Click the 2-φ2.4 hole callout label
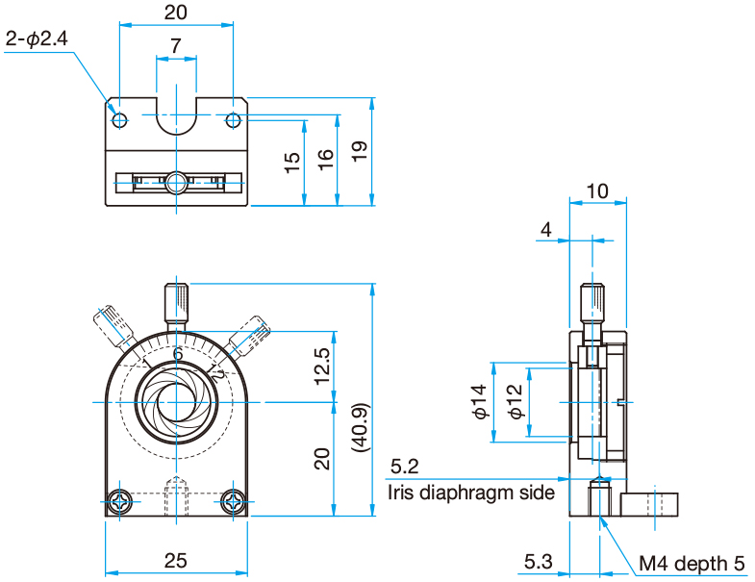click(x=38, y=39)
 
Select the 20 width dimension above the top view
click(x=175, y=13)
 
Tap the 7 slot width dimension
click(x=175, y=45)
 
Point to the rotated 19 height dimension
click(x=359, y=152)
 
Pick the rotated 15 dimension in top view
click(x=291, y=162)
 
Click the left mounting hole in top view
click(x=119, y=120)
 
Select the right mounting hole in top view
click(x=233, y=120)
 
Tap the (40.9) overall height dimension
click(x=359, y=426)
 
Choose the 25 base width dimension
click(x=176, y=560)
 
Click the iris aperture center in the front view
click(x=177, y=401)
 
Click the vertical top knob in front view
click(x=177, y=305)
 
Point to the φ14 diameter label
click(x=480, y=401)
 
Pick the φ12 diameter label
click(x=515, y=401)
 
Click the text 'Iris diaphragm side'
click(x=471, y=493)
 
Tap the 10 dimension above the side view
click(x=596, y=190)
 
